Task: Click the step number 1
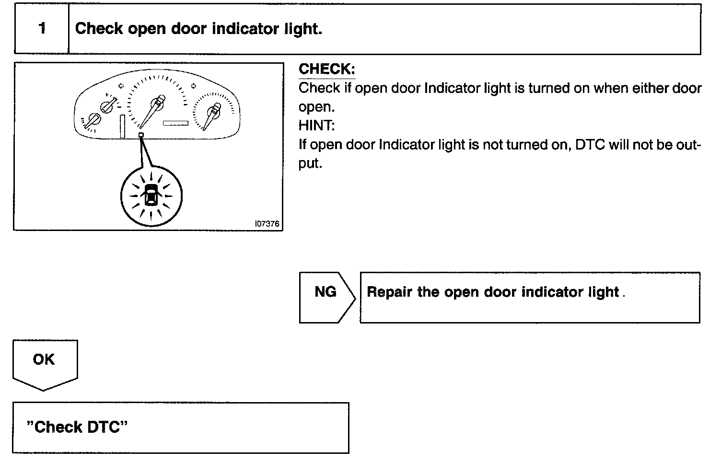[x=42, y=29]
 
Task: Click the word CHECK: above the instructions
[x=326, y=69]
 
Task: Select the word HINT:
[x=316, y=126]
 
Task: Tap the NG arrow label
[x=326, y=292]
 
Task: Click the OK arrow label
[x=44, y=359]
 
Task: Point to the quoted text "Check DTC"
[x=77, y=427]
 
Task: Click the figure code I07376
[x=267, y=224]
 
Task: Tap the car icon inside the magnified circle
[x=151, y=194]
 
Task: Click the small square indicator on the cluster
[x=141, y=135]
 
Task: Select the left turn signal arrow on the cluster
[x=121, y=86]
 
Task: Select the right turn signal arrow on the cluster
[x=193, y=86]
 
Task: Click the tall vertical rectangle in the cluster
[x=123, y=126]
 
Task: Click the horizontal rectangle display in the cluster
[x=175, y=123]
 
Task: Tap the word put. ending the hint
[x=310, y=164]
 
